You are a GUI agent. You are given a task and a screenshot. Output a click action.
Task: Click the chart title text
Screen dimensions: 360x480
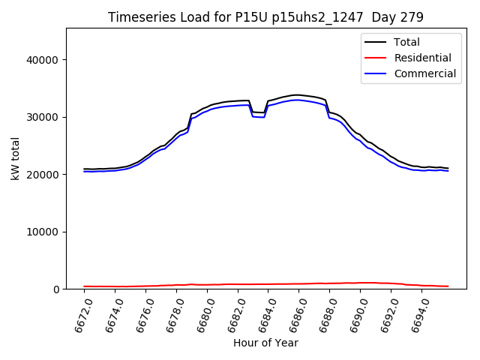[265, 17]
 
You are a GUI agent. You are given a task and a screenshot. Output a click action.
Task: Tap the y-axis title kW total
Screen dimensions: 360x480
[15, 158]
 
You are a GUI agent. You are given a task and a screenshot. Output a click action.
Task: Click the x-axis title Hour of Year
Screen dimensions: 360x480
[265, 343]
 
